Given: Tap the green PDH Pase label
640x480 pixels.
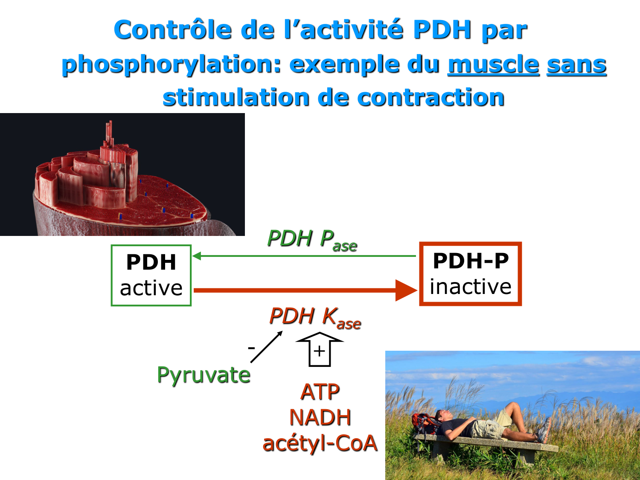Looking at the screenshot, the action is click(x=312, y=241).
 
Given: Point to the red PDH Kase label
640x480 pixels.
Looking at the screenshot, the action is click(x=315, y=318).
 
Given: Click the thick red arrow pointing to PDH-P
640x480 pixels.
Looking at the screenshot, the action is click(x=305, y=290).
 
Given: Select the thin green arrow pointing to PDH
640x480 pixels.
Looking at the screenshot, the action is click(x=304, y=256).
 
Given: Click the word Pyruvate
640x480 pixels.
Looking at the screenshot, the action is click(x=204, y=375).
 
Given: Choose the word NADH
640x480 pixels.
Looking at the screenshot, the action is click(x=320, y=417).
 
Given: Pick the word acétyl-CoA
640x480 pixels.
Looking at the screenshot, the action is click(x=320, y=443).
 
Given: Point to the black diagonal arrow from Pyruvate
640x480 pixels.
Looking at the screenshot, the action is click(x=267, y=347).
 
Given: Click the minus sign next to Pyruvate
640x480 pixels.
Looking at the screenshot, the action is click(x=251, y=348).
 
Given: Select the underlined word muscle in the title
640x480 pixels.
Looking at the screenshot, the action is click(x=493, y=64).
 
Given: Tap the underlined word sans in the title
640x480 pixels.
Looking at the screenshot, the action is click(x=576, y=65).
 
